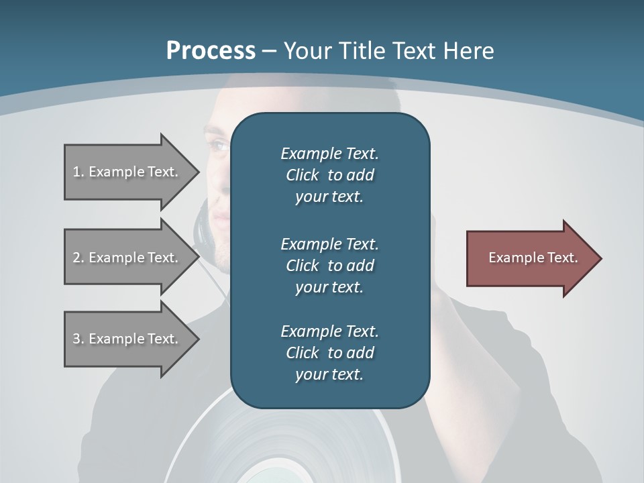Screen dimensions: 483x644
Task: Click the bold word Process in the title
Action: (211, 50)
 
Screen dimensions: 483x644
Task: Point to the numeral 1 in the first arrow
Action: (76, 172)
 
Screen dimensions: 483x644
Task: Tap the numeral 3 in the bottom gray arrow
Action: (76, 339)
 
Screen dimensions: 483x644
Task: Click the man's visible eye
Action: (219, 144)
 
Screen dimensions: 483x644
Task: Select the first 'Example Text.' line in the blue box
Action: (329, 154)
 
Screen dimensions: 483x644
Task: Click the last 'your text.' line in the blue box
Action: (329, 374)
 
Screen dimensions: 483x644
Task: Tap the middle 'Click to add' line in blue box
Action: (329, 266)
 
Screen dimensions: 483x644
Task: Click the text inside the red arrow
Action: (533, 258)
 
